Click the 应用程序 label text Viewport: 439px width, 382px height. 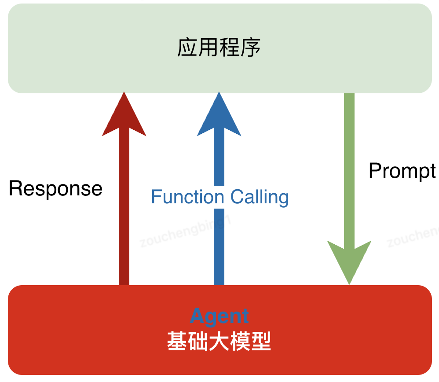[219, 48]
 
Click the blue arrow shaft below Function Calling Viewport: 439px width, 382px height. [219, 246]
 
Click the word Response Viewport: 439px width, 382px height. [55, 189]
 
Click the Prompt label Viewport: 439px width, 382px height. [402, 171]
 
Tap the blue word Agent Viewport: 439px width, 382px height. [219, 316]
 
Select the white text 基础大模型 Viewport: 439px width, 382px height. [219, 341]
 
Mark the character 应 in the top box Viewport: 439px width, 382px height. [187, 48]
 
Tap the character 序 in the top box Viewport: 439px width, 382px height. [251, 48]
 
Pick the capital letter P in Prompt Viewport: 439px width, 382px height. [375, 170]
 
